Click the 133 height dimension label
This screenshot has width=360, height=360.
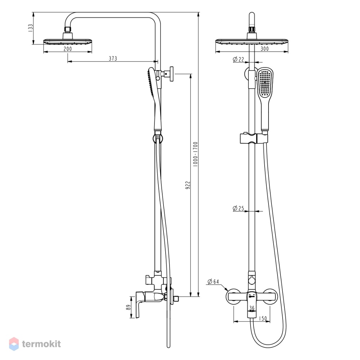31,28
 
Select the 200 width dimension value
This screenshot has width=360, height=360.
68,49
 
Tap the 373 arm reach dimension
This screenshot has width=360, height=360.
113,59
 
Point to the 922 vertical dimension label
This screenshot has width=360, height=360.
188,185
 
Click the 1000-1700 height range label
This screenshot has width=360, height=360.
195,154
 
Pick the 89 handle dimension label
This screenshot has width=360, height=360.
129,307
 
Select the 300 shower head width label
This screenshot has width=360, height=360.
265,49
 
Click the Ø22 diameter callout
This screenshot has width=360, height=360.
238,59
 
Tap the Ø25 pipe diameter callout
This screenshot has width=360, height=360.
238,208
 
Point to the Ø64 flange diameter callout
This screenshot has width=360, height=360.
213,282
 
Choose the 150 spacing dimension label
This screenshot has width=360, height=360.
263,319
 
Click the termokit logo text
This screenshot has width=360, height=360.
41,344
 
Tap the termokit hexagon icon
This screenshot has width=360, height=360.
14,344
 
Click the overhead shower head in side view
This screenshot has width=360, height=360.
68,41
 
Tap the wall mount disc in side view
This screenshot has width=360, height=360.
171,74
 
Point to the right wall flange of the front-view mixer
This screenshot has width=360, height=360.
270,296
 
